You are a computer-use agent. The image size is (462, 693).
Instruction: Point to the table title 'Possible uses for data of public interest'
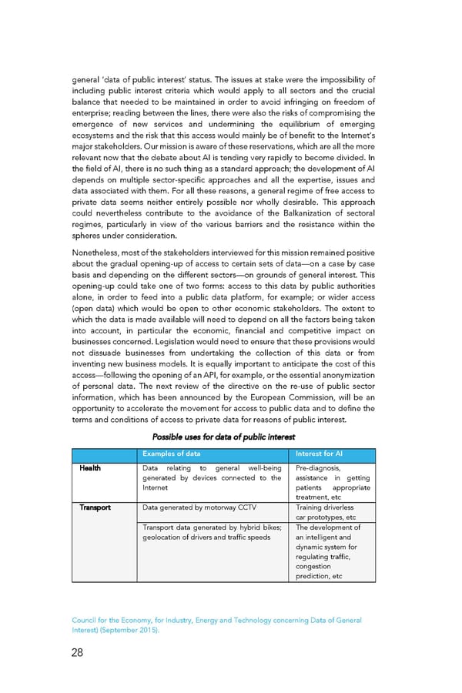[223, 438]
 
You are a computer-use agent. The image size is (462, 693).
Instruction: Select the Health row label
[88, 467]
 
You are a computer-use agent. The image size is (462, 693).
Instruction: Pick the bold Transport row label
[93, 507]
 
